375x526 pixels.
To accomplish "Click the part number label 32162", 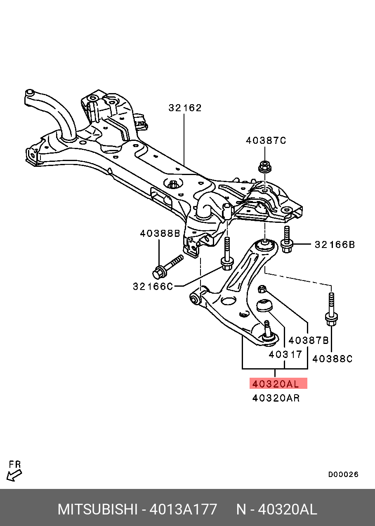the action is (x=185, y=108).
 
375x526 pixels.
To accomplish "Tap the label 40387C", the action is (x=266, y=140).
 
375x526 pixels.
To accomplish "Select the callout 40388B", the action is (x=160, y=234).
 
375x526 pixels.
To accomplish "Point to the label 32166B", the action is (x=335, y=245).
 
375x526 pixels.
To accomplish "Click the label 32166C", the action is (x=153, y=286).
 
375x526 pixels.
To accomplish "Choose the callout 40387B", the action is (x=309, y=340).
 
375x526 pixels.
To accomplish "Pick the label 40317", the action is (x=285, y=354).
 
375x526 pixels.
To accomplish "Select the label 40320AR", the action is (x=276, y=398).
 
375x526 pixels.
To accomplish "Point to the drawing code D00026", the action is (x=343, y=475).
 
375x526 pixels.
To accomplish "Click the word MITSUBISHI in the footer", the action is (x=98, y=510).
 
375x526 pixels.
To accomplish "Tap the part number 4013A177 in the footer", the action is (x=183, y=510).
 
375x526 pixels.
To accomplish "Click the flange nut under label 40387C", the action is (x=265, y=166).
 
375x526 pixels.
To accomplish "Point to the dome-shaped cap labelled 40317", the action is (x=264, y=305).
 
